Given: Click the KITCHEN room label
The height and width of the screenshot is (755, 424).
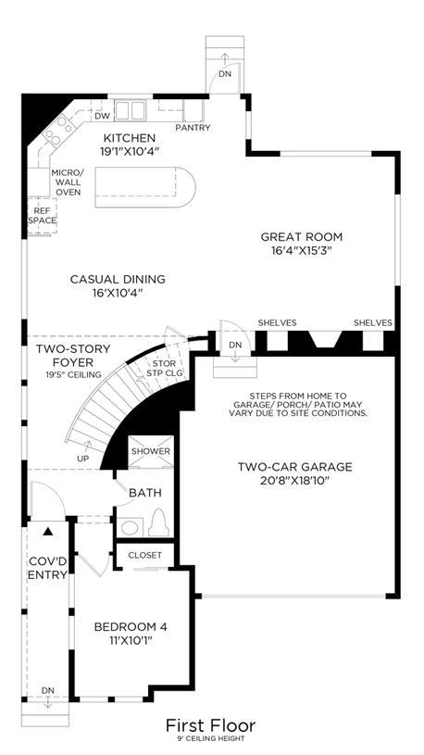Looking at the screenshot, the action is click(130, 138).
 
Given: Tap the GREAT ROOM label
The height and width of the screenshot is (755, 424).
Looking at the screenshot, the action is click(301, 237).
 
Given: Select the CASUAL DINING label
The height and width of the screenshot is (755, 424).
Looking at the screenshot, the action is click(118, 279).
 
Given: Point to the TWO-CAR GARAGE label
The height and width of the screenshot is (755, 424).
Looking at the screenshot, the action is click(295, 467).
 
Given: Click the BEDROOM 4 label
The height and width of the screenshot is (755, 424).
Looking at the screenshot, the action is click(131, 627).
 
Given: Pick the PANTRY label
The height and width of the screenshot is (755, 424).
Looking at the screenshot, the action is click(193, 128).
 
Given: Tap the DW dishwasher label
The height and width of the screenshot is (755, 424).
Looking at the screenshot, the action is click(101, 116).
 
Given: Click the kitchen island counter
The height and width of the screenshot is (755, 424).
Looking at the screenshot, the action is click(144, 187).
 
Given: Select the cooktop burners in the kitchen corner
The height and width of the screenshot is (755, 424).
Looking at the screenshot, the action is click(59, 130).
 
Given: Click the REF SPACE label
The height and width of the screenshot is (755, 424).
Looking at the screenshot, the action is click(42, 216).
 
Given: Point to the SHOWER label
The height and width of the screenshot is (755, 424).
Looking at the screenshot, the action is click(151, 451).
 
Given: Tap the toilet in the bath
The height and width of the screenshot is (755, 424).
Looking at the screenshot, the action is click(159, 522).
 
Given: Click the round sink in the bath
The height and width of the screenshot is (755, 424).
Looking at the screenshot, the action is click(129, 528).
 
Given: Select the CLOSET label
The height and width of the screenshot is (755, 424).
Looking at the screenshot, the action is click(144, 555).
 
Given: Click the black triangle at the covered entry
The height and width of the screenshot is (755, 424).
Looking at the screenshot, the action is click(47, 532).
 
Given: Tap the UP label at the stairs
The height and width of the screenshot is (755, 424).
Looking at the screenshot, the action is click(82, 459).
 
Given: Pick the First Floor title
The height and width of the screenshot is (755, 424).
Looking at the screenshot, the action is click(211, 725).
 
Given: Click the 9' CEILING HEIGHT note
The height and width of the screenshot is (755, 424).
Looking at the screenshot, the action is click(212, 738).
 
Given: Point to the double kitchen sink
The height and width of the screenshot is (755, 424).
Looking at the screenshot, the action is click(130, 110).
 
